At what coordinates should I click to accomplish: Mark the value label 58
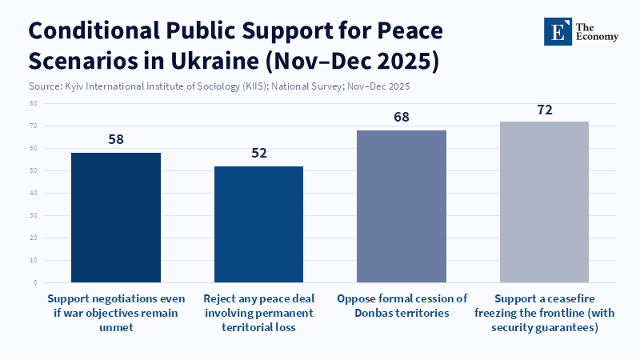click(x=115, y=139)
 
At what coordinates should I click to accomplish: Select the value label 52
click(x=258, y=153)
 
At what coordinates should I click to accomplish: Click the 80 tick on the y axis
click(x=33, y=103)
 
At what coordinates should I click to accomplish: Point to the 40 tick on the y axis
click(x=33, y=193)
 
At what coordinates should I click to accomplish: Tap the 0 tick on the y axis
click(x=35, y=282)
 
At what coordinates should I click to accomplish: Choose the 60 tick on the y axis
click(x=33, y=148)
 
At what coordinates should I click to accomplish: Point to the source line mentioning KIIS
click(x=219, y=86)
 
